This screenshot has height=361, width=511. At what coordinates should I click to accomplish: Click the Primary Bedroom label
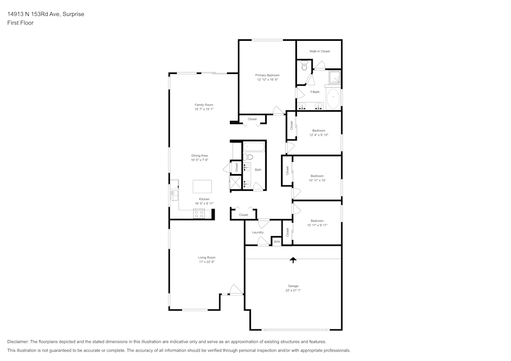[x=267, y=75]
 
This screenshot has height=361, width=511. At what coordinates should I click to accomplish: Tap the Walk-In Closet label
[x=319, y=51]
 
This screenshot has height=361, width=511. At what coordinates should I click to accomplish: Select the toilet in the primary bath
[x=304, y=65]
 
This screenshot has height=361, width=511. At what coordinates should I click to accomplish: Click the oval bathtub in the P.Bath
[x=334, y=98]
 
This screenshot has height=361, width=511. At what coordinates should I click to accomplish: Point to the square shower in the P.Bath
[x=334, y=78]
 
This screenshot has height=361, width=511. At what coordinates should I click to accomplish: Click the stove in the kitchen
[x=199, y=214]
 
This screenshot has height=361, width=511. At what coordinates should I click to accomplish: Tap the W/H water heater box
[x=276, y=242]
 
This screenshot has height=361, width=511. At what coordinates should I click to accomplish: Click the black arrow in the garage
[x=293, y=260]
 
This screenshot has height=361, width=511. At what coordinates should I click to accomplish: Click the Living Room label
[x=206, y=257]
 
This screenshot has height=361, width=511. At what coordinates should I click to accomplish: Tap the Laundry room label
[x=258, y=232]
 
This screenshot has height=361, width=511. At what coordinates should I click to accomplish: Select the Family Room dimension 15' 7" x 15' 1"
[x=203, y=109]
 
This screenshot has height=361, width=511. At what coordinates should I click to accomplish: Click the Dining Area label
[x=199, y=155]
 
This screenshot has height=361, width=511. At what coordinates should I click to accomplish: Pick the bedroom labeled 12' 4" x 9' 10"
[x=318, y=133]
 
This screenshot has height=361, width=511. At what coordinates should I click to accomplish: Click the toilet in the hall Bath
[x=247, y=157]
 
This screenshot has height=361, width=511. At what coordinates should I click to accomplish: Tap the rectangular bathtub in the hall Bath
[x=253, y=147]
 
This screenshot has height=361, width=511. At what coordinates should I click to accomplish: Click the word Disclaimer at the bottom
[x=18, y=342]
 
